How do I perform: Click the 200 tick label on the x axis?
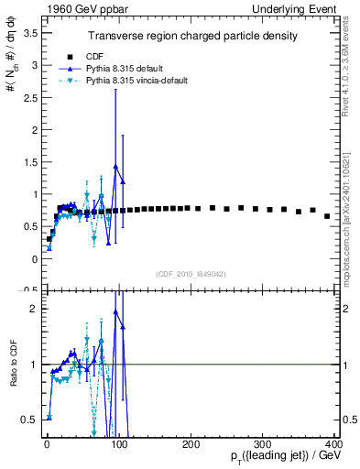click(191, 443)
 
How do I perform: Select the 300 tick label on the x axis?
click(263, 443)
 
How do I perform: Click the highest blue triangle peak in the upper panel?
click(115, 167)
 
